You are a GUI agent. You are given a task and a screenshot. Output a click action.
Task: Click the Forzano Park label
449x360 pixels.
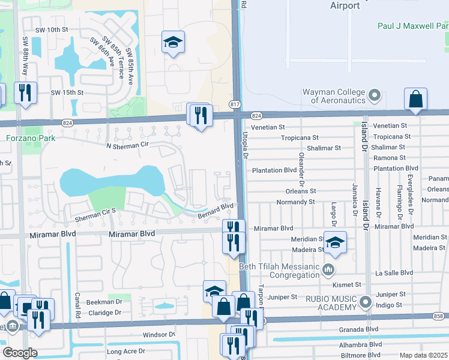tap(31, 138)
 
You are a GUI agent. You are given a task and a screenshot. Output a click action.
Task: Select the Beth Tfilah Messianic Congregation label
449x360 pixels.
tap(279, 271)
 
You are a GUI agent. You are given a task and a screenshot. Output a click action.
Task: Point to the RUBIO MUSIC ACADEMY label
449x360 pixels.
tap(329, 304)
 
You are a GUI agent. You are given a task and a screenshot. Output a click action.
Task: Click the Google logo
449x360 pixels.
tap(20, 353)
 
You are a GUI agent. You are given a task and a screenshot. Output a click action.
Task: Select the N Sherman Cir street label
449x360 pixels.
tap(126, 145)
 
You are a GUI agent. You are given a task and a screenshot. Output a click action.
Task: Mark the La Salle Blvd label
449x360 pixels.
tap(394, 272)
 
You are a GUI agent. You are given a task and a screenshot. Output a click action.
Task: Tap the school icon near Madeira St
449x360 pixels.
tap(335, 241)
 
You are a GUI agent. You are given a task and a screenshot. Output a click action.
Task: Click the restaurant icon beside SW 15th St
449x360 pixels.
tap(25, 93)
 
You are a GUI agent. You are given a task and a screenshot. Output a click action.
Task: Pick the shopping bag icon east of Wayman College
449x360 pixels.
tap(415, 100)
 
